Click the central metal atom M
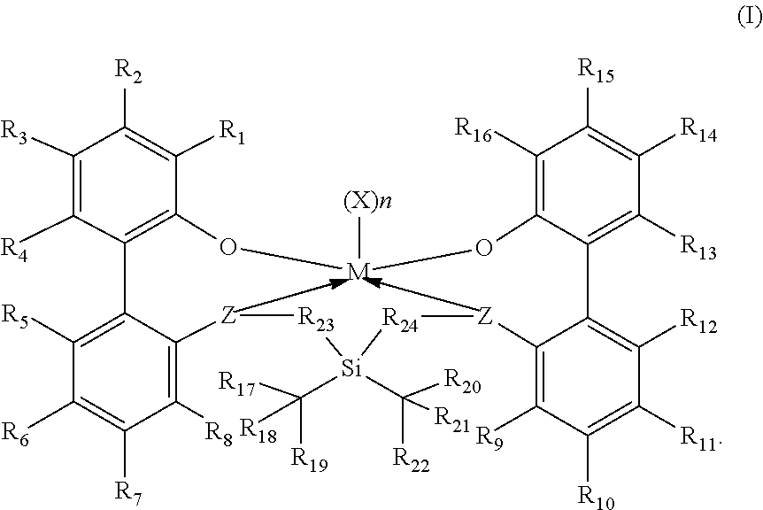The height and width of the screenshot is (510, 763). click(356, 273)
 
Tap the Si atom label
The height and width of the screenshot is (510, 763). click(352, 367)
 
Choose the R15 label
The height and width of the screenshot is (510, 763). click(594, 69)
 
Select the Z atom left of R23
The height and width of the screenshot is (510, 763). click(228, 315)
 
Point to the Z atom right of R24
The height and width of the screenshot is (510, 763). click(483, 315)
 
